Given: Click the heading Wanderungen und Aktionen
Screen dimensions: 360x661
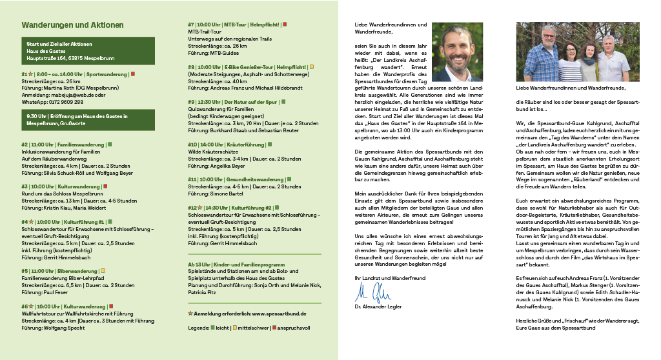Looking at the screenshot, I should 72,25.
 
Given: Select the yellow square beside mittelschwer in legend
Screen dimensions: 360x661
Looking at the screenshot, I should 235,328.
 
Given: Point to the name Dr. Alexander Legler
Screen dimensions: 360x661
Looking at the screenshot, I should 378,306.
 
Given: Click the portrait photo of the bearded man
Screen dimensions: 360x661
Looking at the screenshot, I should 456,52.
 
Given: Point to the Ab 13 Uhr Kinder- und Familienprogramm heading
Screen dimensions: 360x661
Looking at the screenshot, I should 236,265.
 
